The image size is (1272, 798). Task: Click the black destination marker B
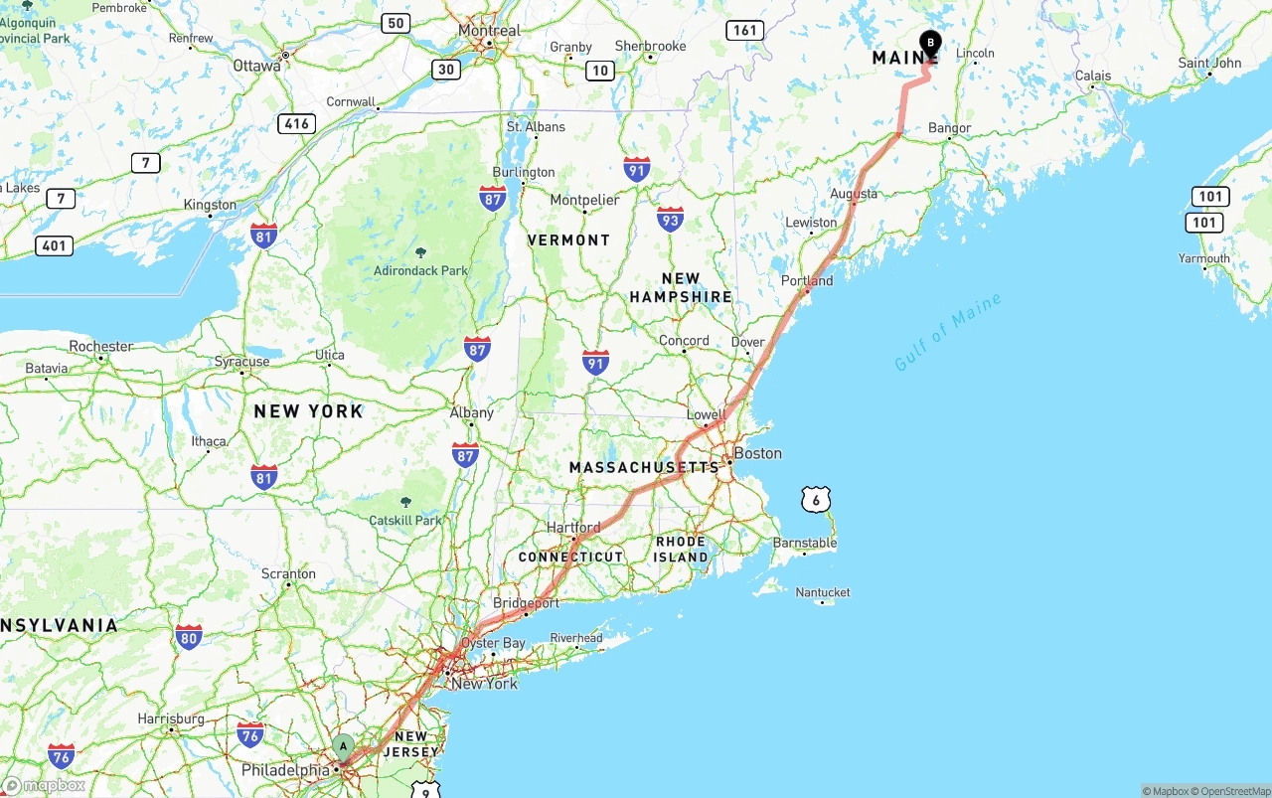(930, 43)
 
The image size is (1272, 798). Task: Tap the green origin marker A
(343, 746)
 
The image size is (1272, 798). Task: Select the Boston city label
(757, 453)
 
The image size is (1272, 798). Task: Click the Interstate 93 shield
(670, 219)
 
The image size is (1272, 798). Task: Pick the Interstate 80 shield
(189, 637)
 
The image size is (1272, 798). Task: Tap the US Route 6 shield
(816, 499)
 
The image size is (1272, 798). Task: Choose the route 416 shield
(297, 123)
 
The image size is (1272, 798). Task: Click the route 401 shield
(54, 244)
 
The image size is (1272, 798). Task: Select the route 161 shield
(744, 30)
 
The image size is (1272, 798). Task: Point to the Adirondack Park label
(420, 270)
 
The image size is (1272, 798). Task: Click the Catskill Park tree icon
(404, 503)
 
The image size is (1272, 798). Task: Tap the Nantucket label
(823, 592)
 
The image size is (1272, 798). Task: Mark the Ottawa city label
(256, 66)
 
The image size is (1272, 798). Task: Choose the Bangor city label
(949, 128)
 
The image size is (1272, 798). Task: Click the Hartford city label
(573, 527)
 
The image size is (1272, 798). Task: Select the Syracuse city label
(241, 361)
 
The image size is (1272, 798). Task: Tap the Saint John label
(1209, 63)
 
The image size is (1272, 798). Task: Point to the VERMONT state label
(568, 239)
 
